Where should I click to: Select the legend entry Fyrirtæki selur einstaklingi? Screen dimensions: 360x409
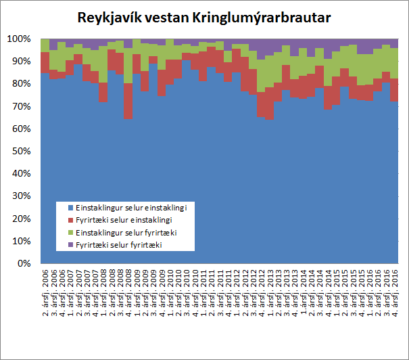126,220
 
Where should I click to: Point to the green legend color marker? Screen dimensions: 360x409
70,231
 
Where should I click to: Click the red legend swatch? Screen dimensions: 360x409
70,220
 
